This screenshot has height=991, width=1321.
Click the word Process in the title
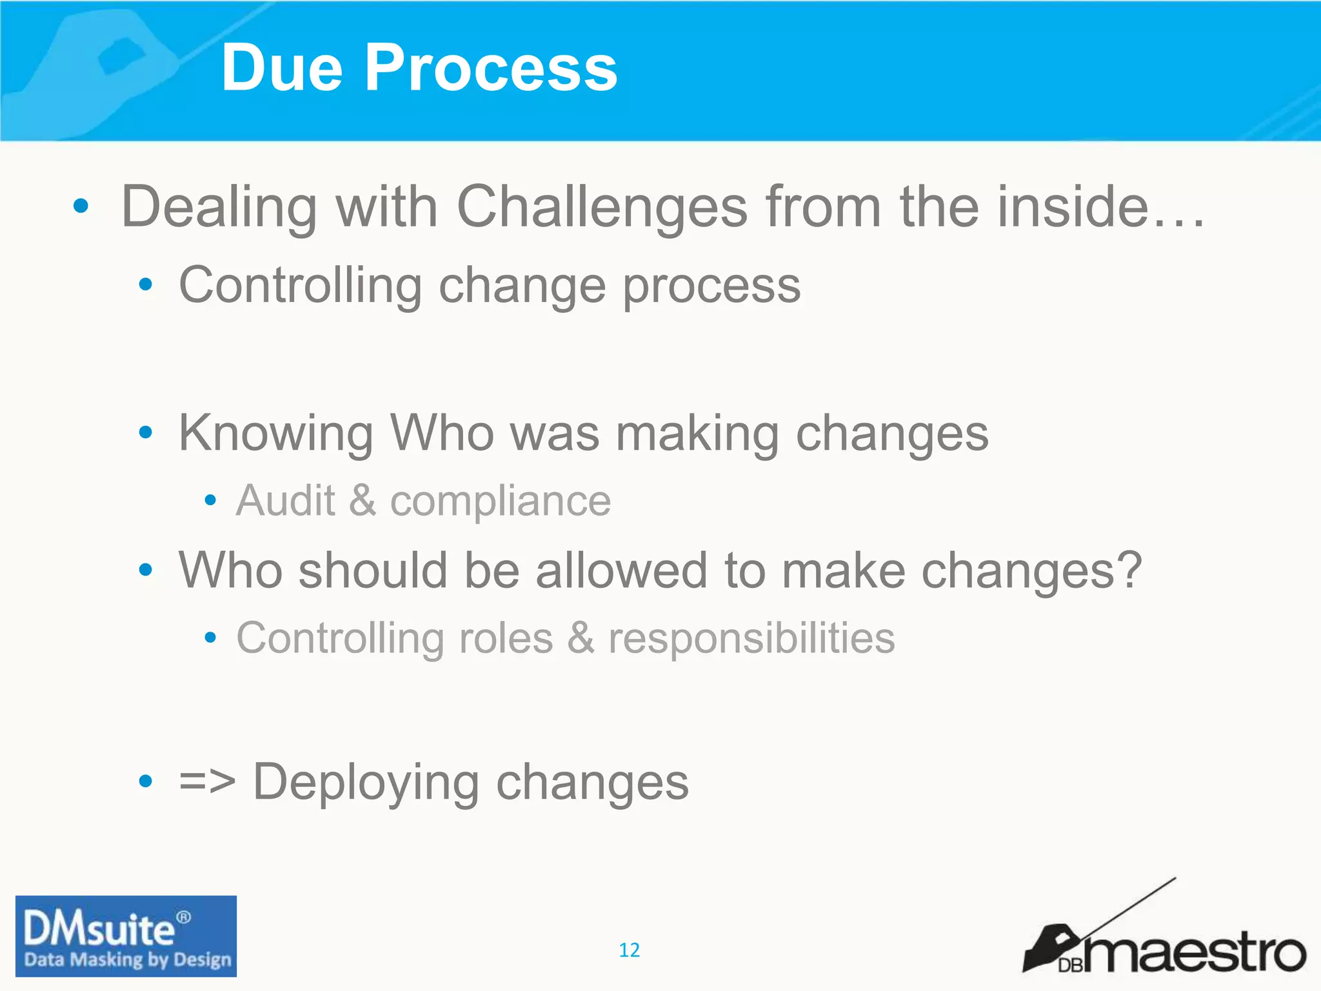pos(490,68)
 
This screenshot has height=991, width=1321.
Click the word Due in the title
pos(282,68)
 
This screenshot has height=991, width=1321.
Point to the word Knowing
pos(275,434)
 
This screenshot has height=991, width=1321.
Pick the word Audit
pos(285,501)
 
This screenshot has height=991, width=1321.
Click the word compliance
pos(500,502)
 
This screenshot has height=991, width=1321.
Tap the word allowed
pos(621,570)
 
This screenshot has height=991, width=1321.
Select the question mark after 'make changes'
pos(1129,570)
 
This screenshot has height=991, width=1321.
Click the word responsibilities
pos(751,639)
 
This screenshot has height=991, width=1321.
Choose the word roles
pos(506,639)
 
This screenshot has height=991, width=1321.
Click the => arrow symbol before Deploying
pos(207,781)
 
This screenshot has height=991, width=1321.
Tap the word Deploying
pos(365,783)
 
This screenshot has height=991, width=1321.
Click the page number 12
pos(629,950)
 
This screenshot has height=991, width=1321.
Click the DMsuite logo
pos(126,936)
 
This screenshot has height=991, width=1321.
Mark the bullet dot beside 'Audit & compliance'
pos(210,500)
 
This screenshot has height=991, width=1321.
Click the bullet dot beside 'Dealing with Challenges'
pos(81,206)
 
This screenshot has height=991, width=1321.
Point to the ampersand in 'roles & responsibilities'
pos(581,639)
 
